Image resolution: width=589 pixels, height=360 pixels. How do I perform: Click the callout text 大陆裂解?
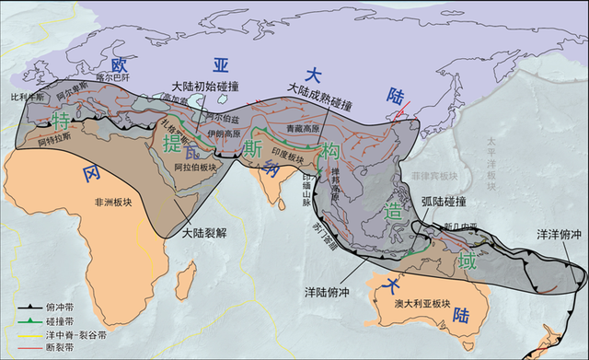coord(206,233)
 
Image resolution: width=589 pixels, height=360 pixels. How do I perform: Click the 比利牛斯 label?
coord(27,95)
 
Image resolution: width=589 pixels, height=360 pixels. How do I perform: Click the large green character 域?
coord(468,261)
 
